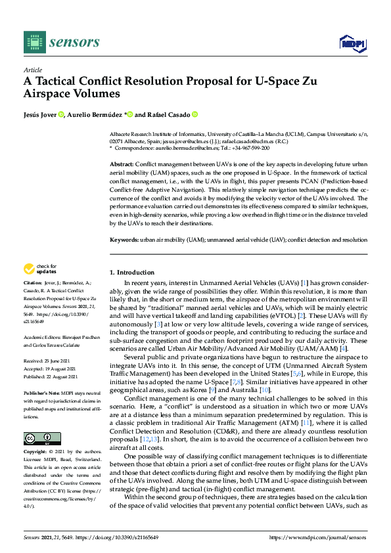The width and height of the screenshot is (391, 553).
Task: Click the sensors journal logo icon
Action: pos(33,42)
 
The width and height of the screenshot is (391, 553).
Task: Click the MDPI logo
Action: pos(352,43)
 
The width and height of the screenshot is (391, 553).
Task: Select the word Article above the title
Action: pos(32,70)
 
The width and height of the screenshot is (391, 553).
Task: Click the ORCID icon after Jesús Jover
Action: pos(61,114)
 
